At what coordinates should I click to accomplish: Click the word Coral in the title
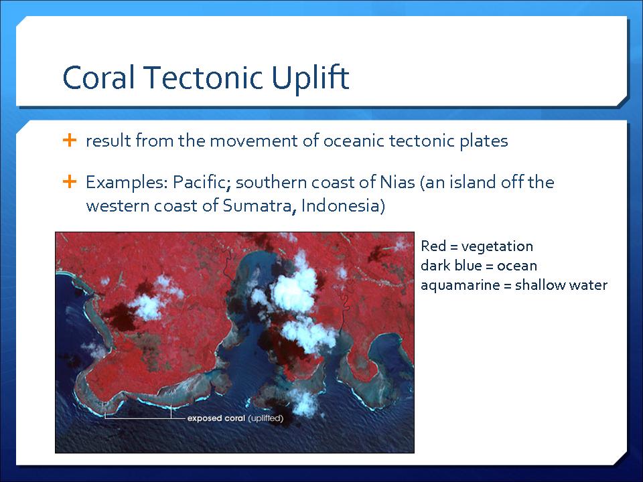pyautogui.click(x=98, y=77)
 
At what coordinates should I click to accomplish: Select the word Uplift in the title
pyautogui.click(x=310, y=79)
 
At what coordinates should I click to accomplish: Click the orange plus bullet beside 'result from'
pyautogui.click(x=70, y=140)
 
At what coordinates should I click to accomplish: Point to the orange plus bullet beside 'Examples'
pyautogui.click(x=70, y=181)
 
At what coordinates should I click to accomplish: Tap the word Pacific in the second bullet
pyautogui.click(x=202, y=182)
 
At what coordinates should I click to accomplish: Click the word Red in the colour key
pyautogui.click(x=433, y=246)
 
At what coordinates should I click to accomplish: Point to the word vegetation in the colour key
pyautogui.click(x=497, y=247)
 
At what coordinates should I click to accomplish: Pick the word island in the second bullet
pyautogui.click(x=475, y=182)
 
